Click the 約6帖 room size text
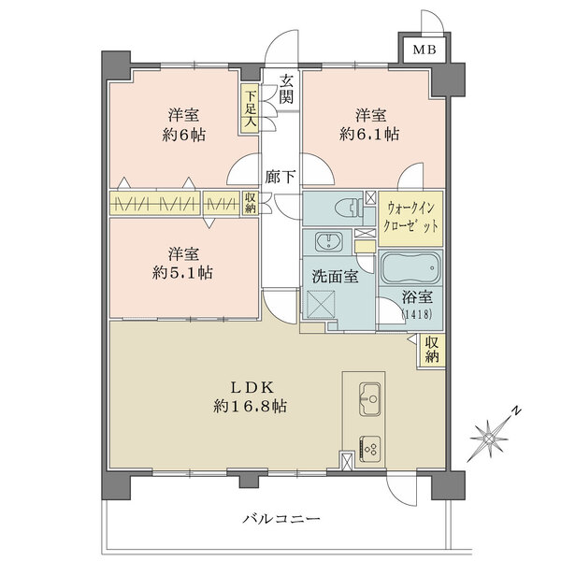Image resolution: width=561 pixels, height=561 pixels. pyautogui.click(x=183, y=134)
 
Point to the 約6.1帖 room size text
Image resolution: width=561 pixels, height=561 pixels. pyautogui.click(x=377, y=134)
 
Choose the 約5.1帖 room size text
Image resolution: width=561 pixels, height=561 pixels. pyautogui.click(x=183, y=273)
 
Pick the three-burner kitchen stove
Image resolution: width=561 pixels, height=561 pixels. pyautogui.click(x=368, y=449)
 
